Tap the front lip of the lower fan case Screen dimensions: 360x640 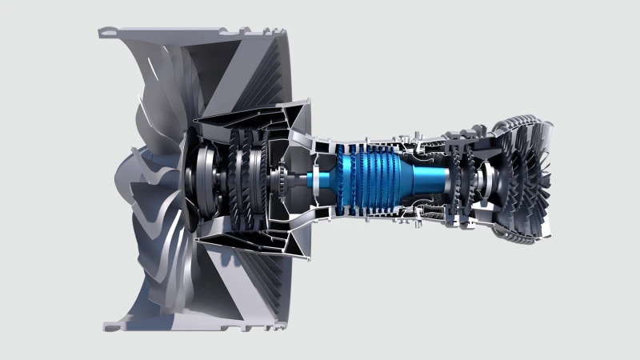coord(109,326)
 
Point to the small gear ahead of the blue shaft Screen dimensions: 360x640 coord(283,181)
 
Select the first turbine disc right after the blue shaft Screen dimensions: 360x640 coord(460,181)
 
